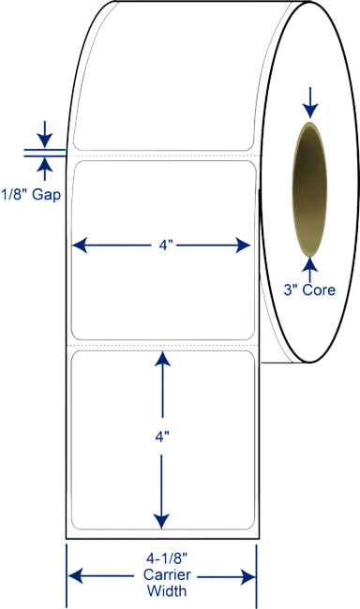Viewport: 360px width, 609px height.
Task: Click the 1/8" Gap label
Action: tap(31, 194)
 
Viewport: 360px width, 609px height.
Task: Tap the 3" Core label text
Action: tap(309, 290)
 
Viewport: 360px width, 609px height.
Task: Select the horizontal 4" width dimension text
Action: tap(166, 245)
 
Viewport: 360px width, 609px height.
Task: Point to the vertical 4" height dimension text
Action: tap(162, 438)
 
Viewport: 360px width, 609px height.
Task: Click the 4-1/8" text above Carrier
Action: tap(167, 559)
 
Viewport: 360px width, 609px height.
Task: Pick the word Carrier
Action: tap(167, 575)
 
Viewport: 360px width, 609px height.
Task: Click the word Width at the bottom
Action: tap(167, 591)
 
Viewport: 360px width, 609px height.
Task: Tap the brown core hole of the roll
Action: tap(309, 189)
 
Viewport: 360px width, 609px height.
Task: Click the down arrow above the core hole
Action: tap(310, 102)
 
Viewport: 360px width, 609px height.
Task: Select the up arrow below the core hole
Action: tap(310, 270)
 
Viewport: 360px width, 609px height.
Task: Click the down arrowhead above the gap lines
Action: tap(45, 141)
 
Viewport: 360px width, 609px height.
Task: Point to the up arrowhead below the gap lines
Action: tap(45, 164)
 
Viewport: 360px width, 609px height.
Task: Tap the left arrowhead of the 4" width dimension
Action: tap(80, 245)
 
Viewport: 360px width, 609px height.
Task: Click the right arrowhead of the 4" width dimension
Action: tap(243, 245)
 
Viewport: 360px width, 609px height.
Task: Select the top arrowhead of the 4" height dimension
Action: tap(162, 359)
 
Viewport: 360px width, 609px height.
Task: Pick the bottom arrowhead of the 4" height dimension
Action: tap(161, 522)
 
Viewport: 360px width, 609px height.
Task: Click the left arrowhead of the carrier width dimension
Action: tap(75, 576)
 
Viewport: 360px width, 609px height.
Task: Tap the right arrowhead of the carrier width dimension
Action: tap(248, 577)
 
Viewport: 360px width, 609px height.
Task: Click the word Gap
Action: tap(47, 195)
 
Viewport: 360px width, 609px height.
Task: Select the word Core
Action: tap(319, 290)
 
